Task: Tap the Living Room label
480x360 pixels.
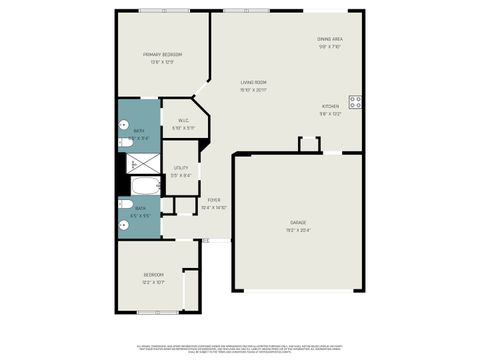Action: click(x=253, y=82)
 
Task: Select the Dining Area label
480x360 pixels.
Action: click(x=330, y=40)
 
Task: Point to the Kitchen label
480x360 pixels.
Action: click(x=330, y=106)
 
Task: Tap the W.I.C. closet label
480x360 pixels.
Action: click(x=184, y=120)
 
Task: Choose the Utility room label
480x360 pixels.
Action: click(x=181, y=168)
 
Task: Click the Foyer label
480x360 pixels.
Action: click(x=214, y=200)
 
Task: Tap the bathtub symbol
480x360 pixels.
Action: click(x=147, y=186)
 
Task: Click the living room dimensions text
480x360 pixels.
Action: click(x=253, y=90)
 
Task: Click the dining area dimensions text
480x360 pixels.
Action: click(x=330, y=47)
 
